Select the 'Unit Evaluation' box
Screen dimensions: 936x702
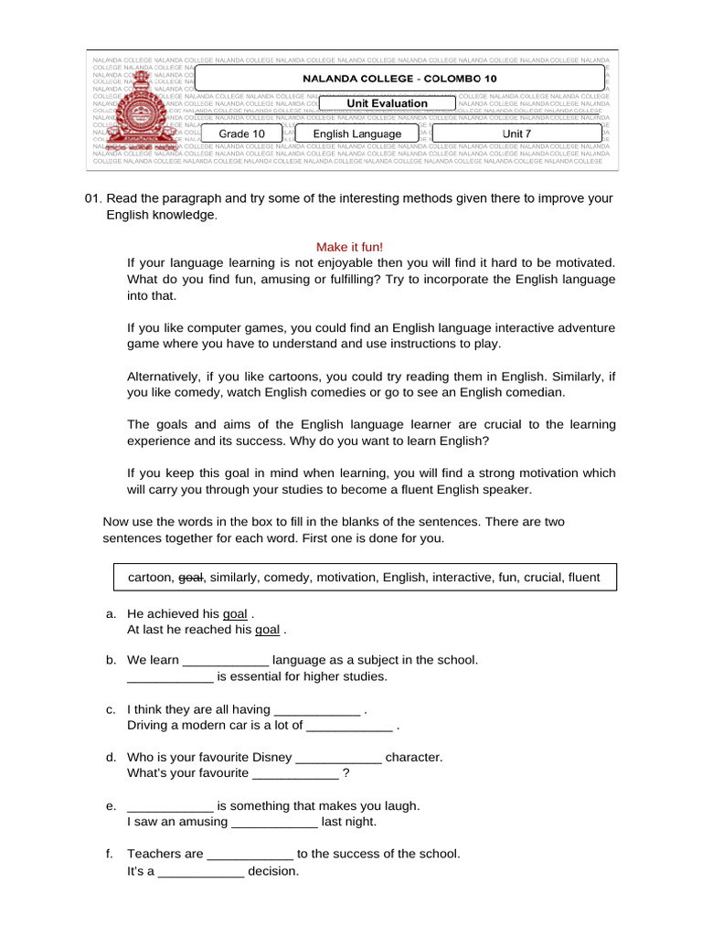coord(387,103)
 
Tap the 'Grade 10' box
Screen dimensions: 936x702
coord(241,133)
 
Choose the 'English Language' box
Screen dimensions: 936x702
coord(356,133)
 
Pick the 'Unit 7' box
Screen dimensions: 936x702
coord(516,133)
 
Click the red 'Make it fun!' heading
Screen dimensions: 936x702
coord(350,247)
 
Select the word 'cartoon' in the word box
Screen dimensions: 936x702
coord(149,578)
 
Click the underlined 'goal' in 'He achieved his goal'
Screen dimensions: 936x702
coord(235,613)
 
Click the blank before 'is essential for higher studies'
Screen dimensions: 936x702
coord(170,676)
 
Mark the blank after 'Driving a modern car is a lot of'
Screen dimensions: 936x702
coord(349,726)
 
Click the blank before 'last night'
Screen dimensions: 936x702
coord(274,822)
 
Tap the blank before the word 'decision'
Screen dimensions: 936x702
coord(202,871)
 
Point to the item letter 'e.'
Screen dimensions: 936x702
coord(112,805)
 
